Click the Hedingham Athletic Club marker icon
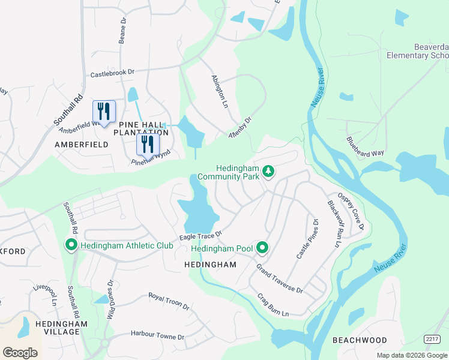(71, 245)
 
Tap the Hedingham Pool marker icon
(262, 247)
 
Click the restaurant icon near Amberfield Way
(104, 112)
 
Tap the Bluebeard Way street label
(365, 146)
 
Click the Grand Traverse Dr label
(280, 278)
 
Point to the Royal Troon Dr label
(169, 301)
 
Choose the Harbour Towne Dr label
(157, 335)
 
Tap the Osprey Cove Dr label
(351, 210)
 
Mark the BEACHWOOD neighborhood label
(360, 340)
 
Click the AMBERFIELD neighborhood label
(82, 145)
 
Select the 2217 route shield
(432, 339)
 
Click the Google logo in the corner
(20, 352)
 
